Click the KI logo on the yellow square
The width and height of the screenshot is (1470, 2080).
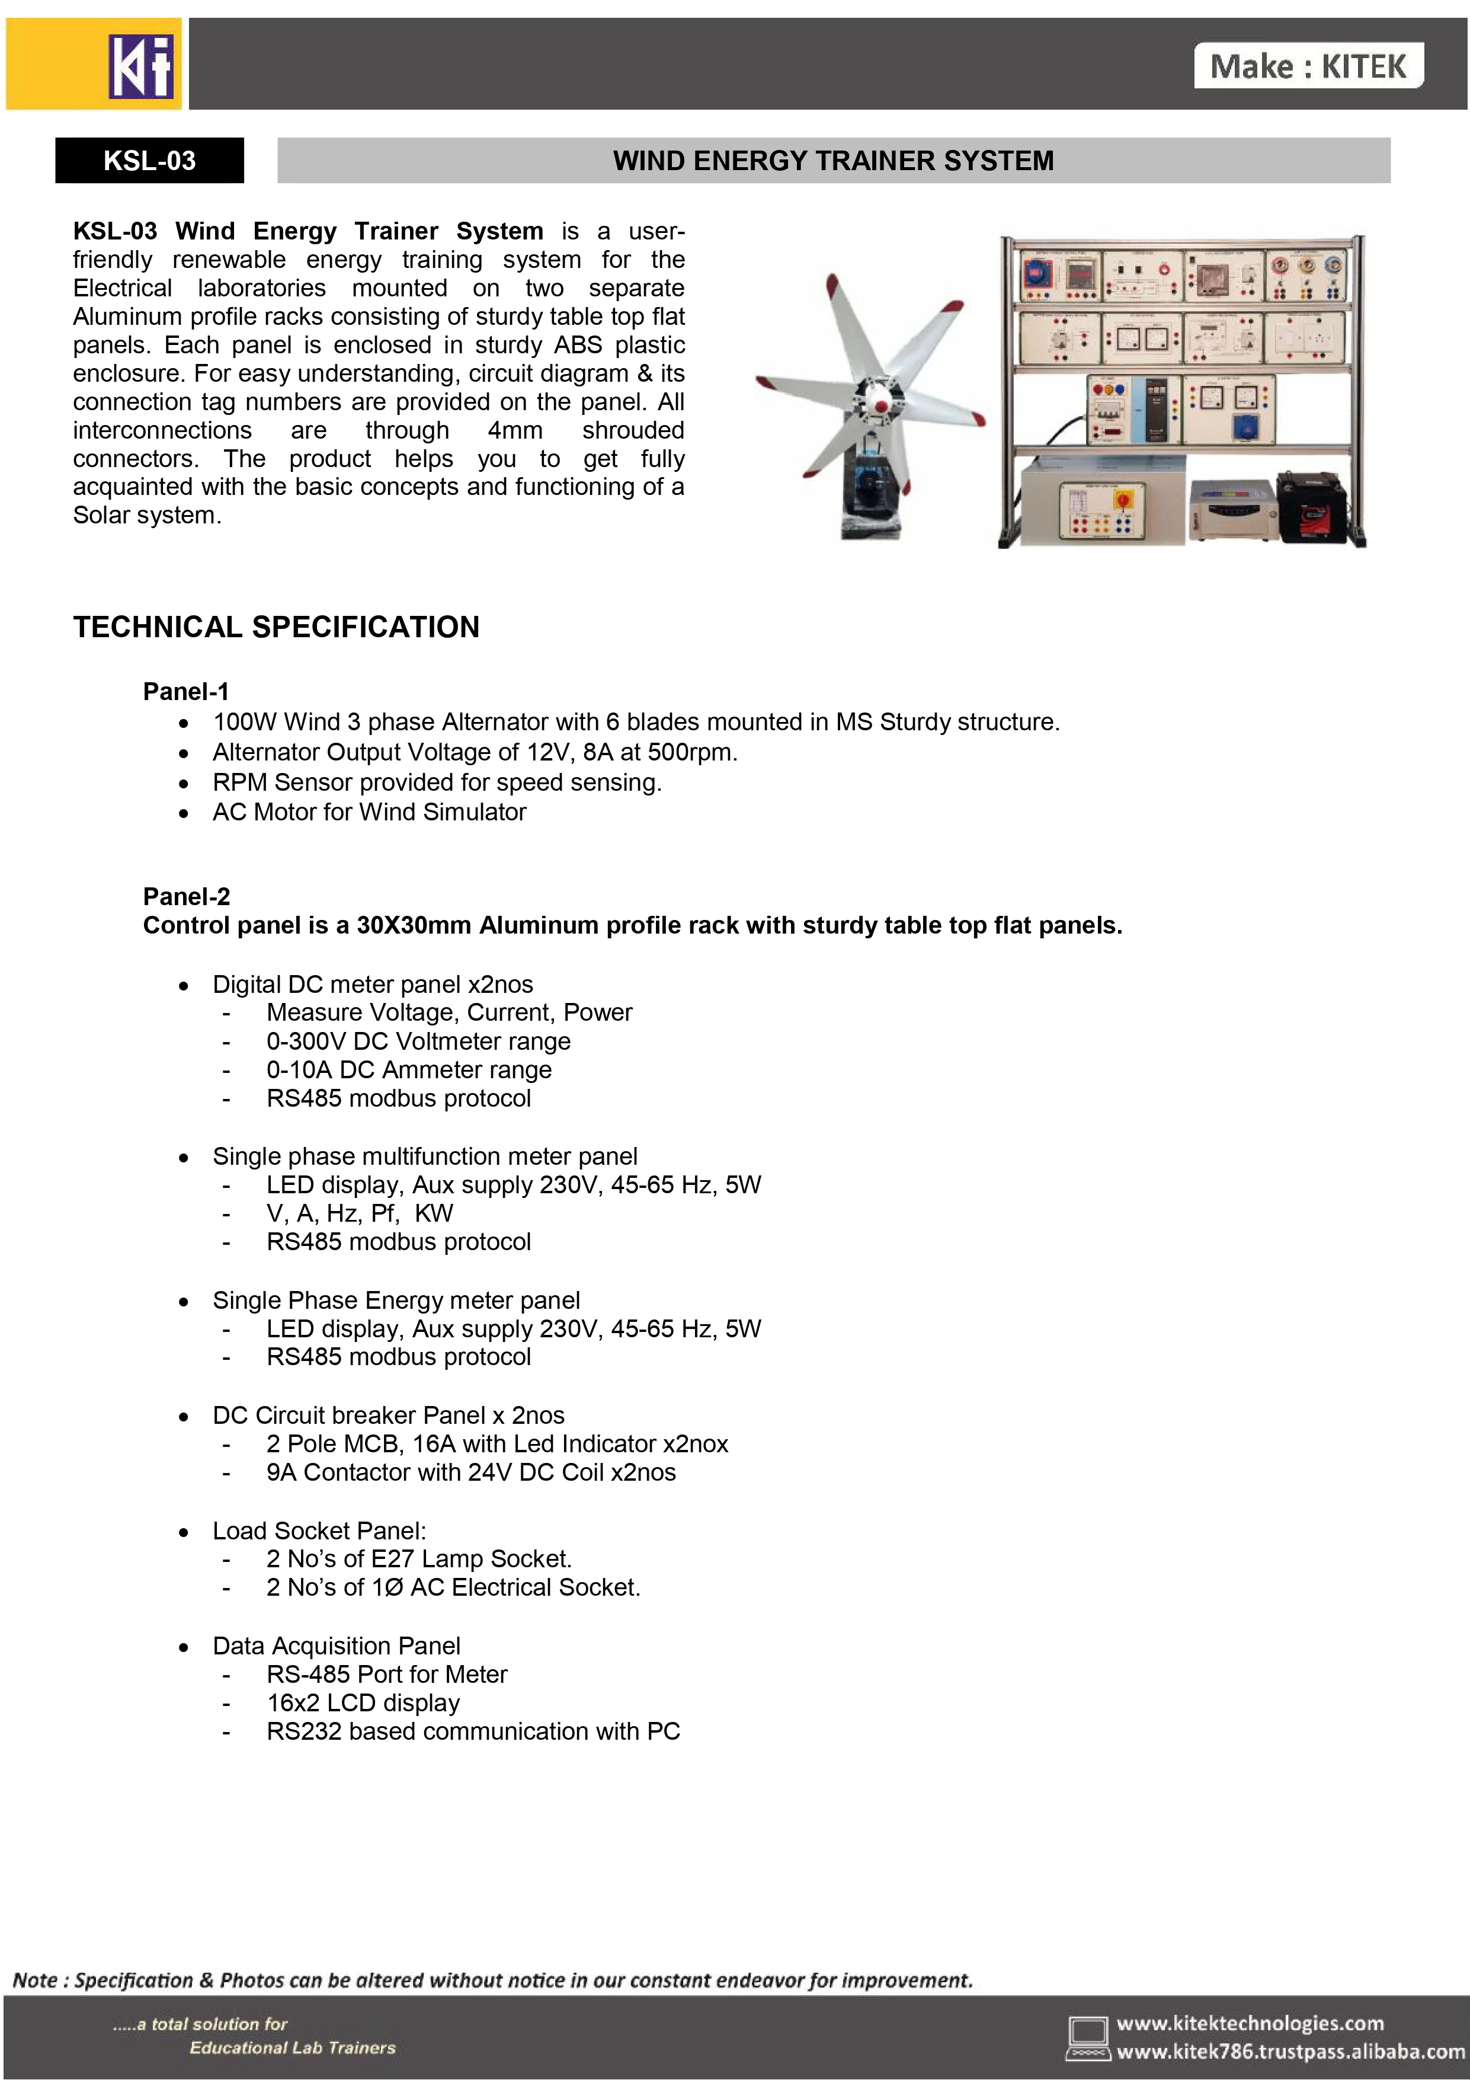[140, 65]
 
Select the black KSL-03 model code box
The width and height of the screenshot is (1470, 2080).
[149, 161]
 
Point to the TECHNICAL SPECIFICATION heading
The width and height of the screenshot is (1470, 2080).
[276, 627]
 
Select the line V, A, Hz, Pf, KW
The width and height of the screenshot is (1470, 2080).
[360, 1213]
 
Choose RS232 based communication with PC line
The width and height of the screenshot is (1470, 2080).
[473, 1731]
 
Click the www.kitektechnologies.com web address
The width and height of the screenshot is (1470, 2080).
[1250, 2023]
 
